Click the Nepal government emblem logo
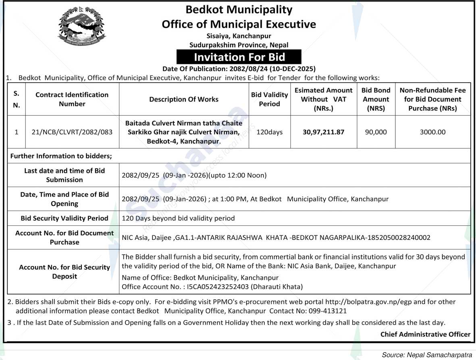tap(82, 25)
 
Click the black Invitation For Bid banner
tap(239, 57)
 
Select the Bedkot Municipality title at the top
tap(239, 9)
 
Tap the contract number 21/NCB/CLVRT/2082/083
tap(72, 132)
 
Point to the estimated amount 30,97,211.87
tap(323, 132)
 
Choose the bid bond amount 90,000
tap(376, 132)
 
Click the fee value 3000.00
tap(432, 132)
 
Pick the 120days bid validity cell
tap(269, 132)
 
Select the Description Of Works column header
tap(184, 99)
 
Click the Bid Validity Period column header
tap(269, 99)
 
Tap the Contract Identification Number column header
tap(72, 99)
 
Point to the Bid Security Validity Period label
tap(64, 218)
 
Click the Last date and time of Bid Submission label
tap(64, 175)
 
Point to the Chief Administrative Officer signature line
tap(425, 334)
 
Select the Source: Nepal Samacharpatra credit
tap(427, 355)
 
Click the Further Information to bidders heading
tap(61, 156)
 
